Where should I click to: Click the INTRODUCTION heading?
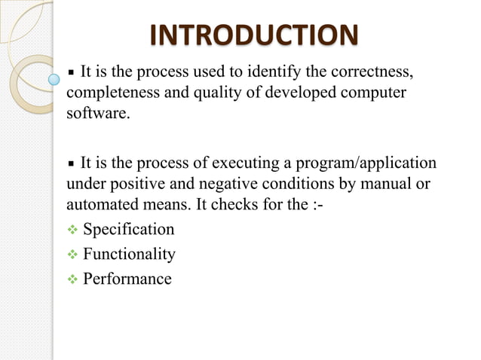[x=253, y=35]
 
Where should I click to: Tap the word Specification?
[x=128, y=229]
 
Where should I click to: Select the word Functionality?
[x=129, y=254]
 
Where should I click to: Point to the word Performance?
[x=127, y=279]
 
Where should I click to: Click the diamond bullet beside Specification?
[x=72, y=229]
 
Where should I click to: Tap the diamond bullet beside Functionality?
[x=72, y=254]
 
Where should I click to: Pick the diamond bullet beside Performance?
[x=72, y=279]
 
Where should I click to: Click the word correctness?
[x=372, y=72]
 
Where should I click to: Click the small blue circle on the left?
[x=54, y=78]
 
